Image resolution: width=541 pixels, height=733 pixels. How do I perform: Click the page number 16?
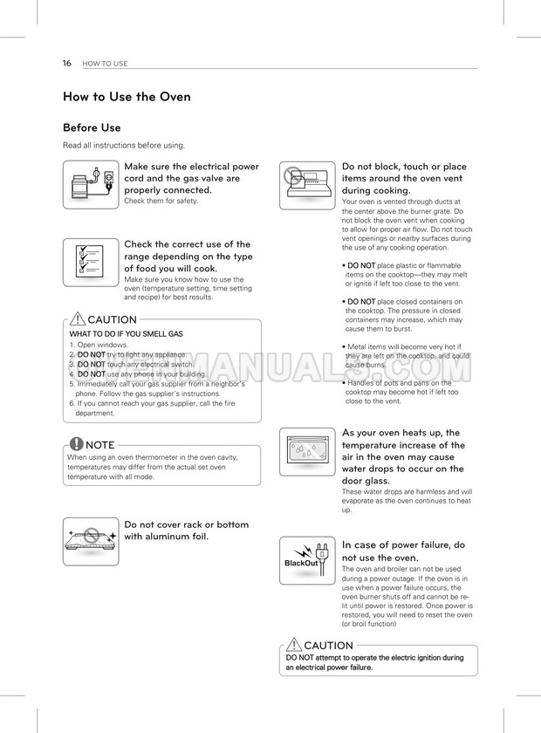pos(66,63)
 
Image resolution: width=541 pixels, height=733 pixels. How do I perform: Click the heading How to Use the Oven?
pos(127,97)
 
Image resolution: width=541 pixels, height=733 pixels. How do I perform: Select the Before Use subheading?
pos(92,127)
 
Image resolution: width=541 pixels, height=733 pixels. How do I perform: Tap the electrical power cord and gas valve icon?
pos(91,184)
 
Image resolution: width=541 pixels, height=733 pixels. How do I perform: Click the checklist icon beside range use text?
pos(91,263)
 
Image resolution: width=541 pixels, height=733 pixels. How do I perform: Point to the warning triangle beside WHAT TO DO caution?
pos(78,319)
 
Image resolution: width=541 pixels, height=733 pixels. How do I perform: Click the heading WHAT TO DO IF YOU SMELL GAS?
pos(126,333)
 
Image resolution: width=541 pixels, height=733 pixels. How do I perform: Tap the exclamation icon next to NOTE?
pos(77,443)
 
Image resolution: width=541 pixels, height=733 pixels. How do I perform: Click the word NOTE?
pos(101,444)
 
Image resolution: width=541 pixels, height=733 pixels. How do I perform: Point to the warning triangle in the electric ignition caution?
pos(294,645)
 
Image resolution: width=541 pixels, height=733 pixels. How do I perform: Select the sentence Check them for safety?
pos(161,201)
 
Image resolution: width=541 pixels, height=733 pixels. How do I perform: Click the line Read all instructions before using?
pos(123,145)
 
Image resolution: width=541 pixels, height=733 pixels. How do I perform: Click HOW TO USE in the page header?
pos(105,64)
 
